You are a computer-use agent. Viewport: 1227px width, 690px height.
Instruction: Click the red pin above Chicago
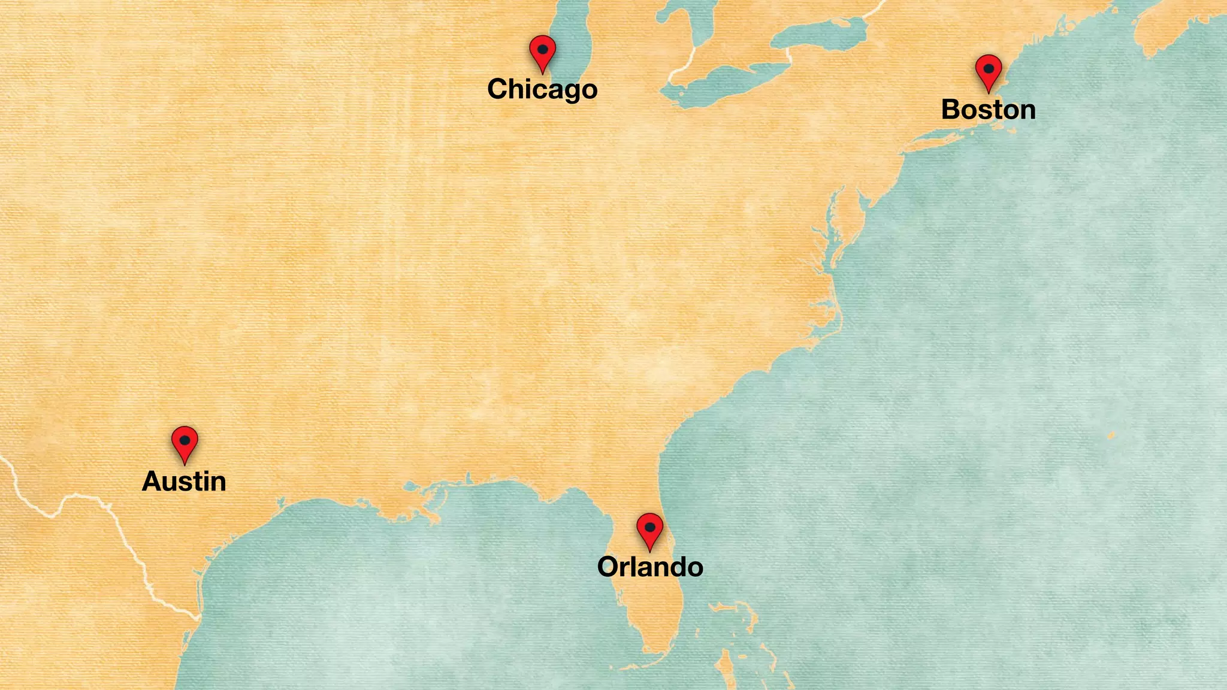[542, 52]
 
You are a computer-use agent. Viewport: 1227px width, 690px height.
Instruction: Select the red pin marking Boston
[989, 71]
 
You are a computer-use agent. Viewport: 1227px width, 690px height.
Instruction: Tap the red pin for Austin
[185, 442]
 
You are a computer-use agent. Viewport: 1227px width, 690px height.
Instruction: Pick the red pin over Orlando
[649, 529]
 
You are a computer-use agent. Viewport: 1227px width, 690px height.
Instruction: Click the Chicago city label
[542, 89]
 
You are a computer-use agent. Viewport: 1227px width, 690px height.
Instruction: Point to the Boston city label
[989, 110]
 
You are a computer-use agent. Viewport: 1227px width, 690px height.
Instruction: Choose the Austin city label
[184, 482]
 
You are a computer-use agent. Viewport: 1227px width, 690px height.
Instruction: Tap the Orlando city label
[650, 567]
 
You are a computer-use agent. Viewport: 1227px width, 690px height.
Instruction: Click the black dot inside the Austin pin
[185, 440]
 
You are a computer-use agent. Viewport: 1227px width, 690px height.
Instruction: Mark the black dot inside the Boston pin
[989, 69]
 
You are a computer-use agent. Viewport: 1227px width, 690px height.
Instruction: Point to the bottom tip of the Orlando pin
[649, 550]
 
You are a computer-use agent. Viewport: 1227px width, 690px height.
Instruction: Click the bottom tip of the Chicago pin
[542, 73]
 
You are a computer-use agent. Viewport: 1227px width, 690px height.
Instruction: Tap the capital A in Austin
[153, 482]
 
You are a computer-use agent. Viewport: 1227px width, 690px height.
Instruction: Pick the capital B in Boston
[951, 110]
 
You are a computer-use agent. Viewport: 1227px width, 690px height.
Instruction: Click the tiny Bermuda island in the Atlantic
[1111, 435]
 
